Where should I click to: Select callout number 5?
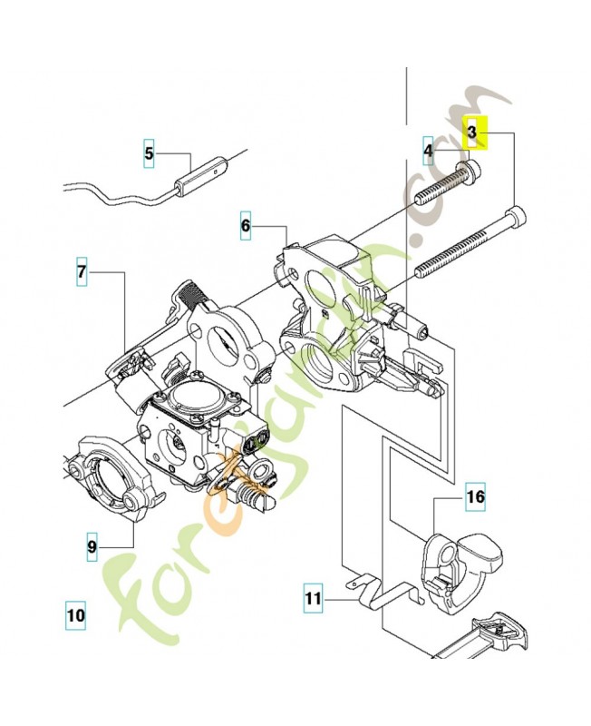[x=150, y=153]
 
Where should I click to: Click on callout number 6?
[x=245, y=224]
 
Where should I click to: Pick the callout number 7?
[x=82, y=271]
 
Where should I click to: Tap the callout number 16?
[x=476, y=497]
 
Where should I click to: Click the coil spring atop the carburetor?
[x=192, y=292]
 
